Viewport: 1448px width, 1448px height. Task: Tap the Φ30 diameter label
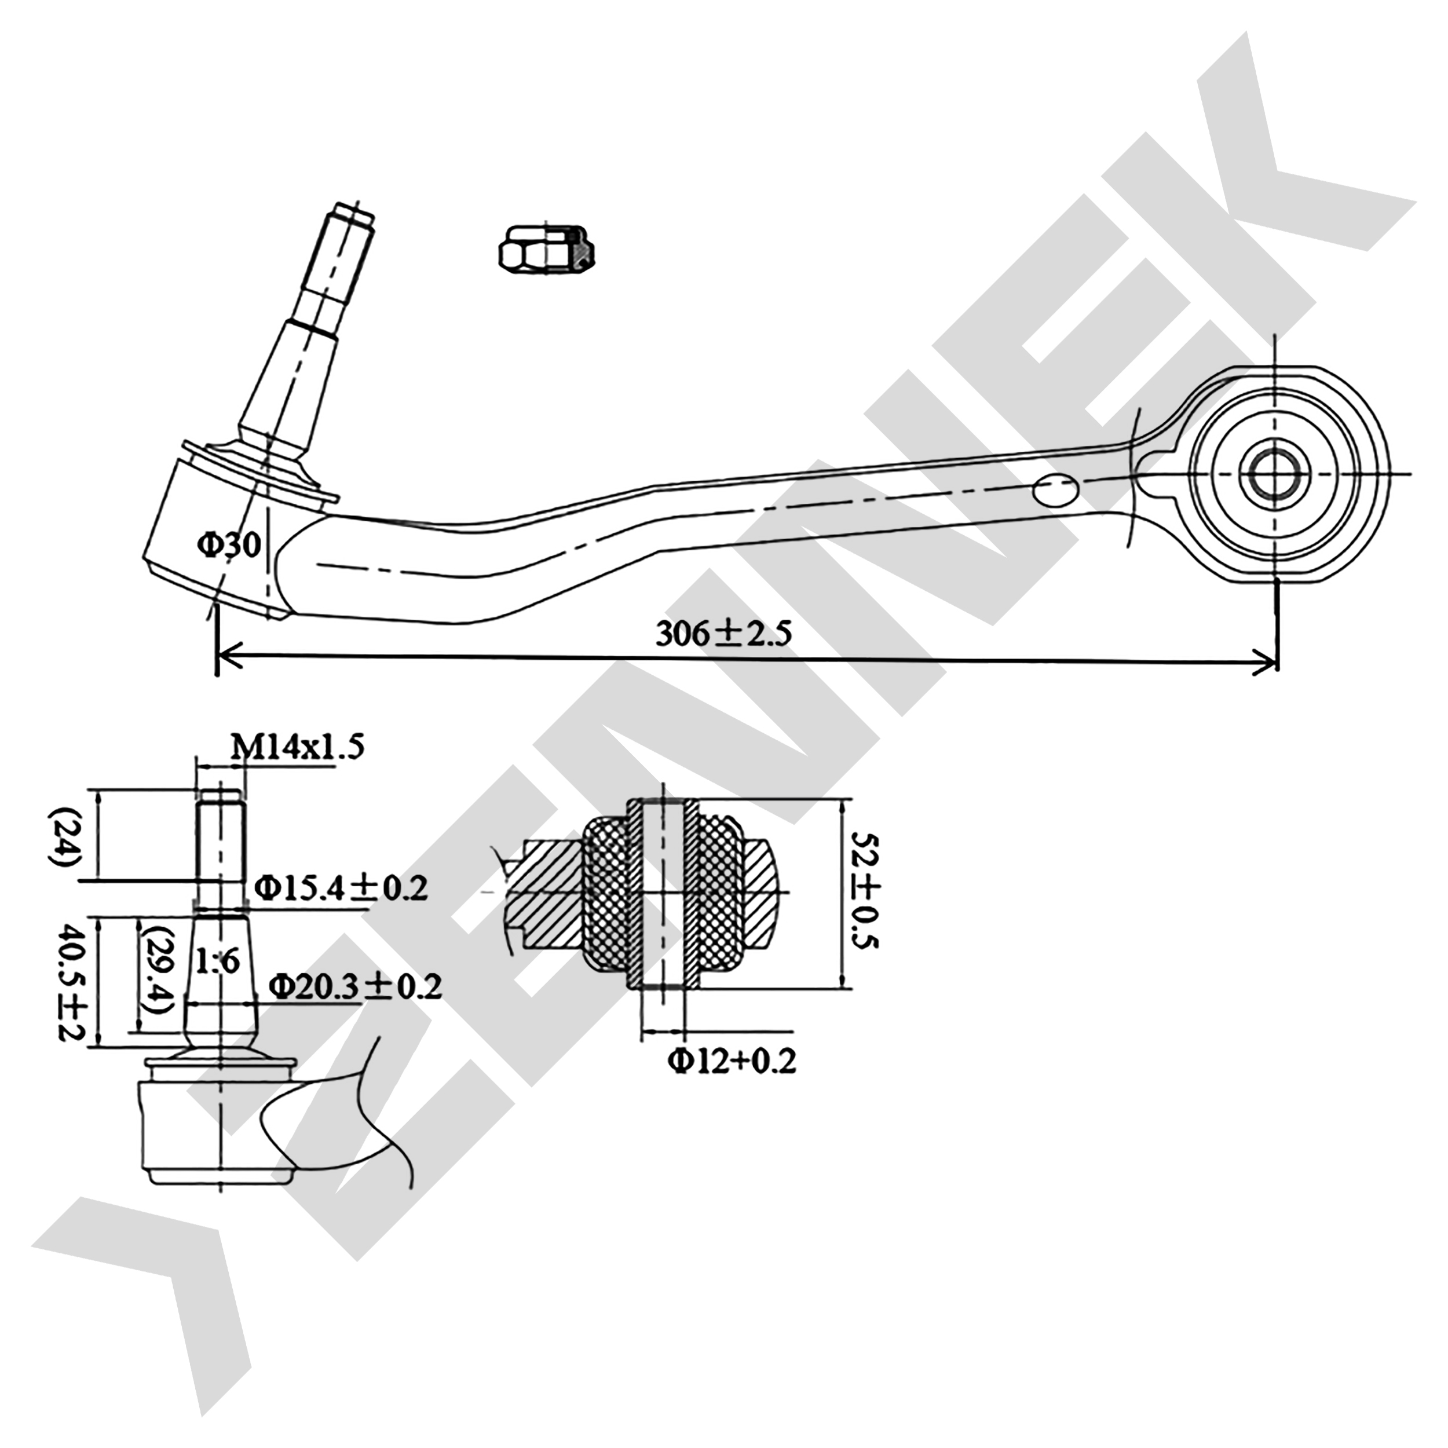tap(229, 545)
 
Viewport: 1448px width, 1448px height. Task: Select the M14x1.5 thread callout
tap(298, 747)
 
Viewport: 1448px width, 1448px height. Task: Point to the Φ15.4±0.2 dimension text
tap(341, 889)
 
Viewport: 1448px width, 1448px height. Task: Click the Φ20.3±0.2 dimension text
tap(355, 986)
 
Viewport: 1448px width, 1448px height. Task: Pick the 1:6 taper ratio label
tap(217, 961)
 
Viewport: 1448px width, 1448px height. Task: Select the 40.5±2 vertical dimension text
tap(73, 983)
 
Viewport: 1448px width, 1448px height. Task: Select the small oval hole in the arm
tap(1055, 489)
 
